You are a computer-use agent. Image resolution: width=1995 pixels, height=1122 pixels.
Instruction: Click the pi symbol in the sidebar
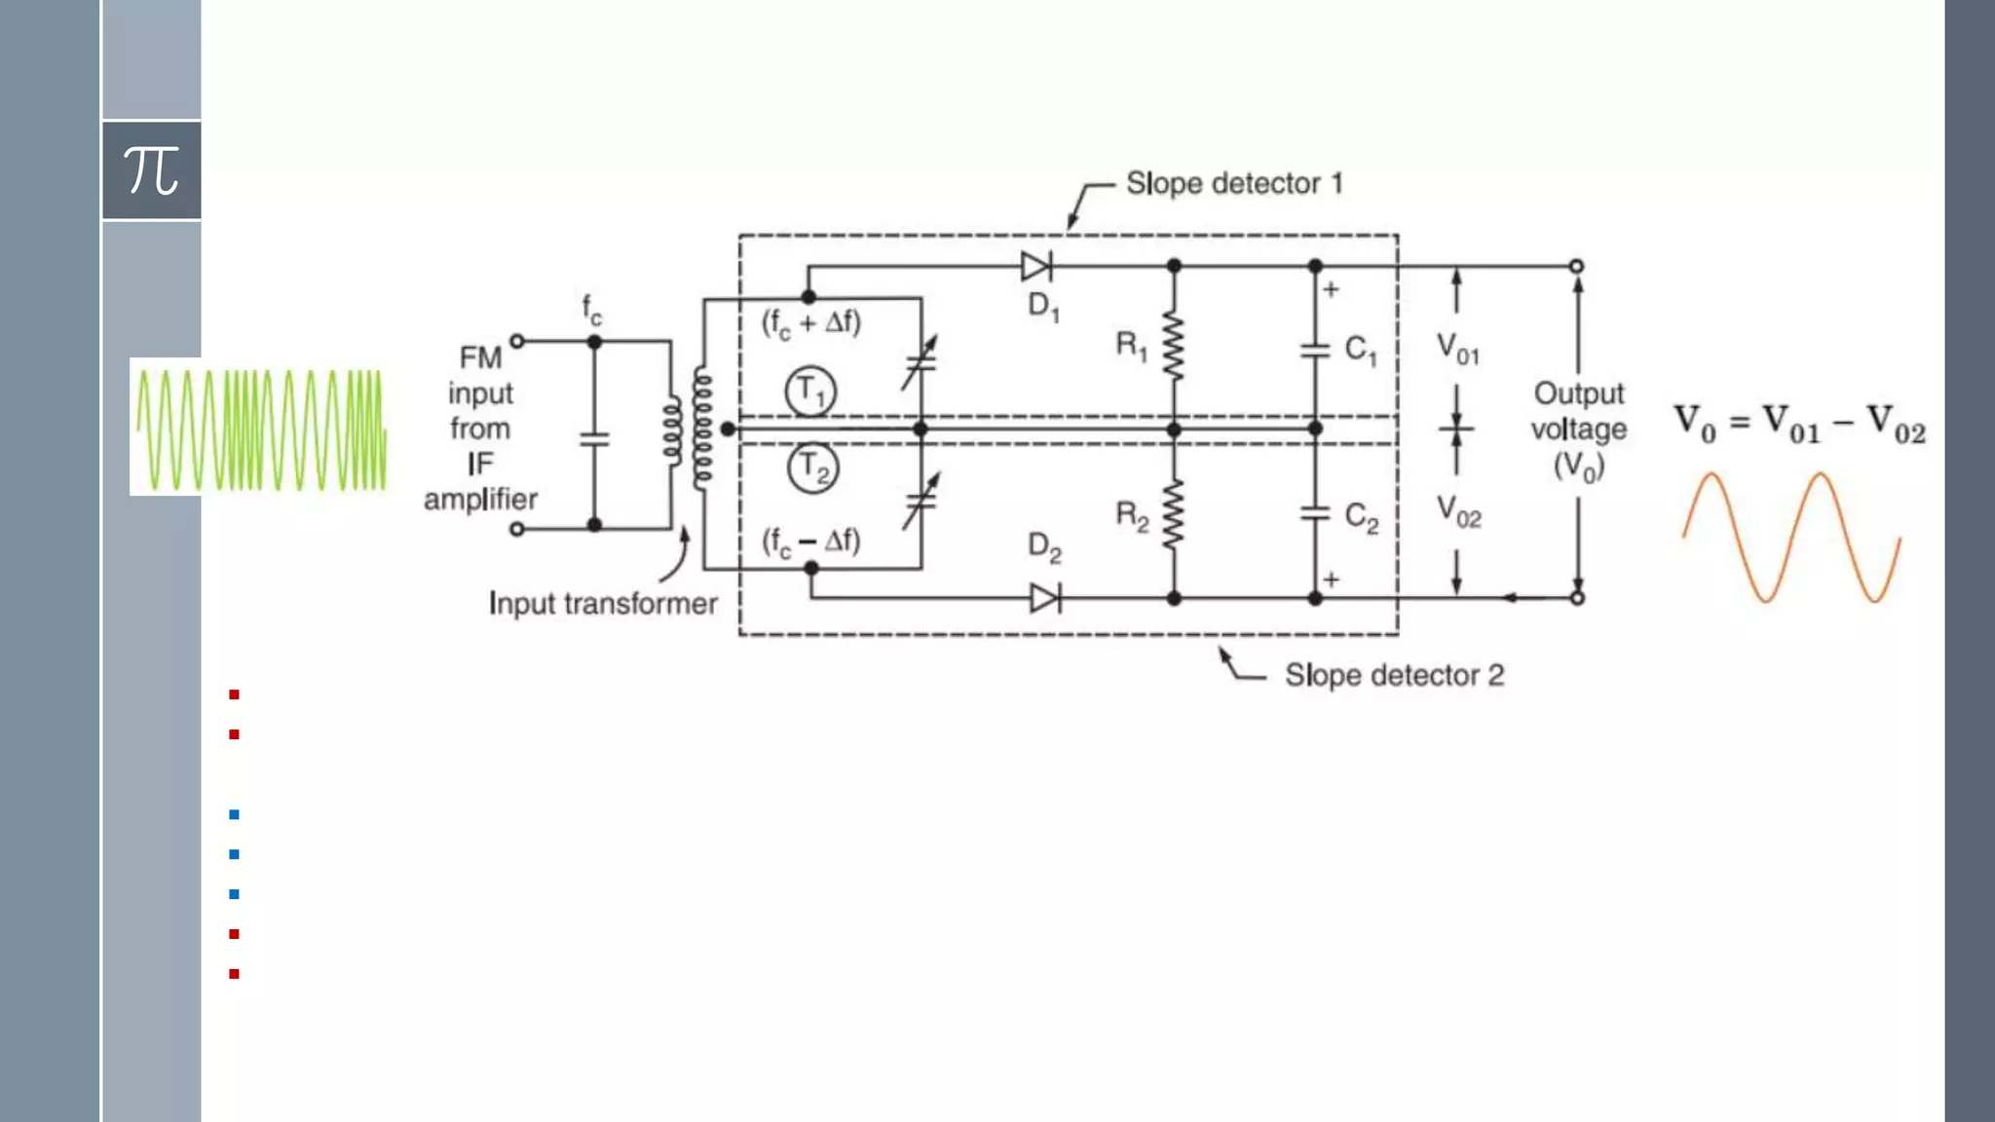[x=151, y=170]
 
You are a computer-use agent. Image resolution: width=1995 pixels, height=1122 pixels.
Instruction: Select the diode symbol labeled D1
[x=1035, y=266]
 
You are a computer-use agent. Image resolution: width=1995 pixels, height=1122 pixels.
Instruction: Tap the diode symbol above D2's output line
[x=1044, y=598]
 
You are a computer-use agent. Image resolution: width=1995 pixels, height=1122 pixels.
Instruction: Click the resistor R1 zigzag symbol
[x=1174, y=346]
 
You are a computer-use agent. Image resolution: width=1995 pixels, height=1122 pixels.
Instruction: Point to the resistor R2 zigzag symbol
[x=1174, y=513]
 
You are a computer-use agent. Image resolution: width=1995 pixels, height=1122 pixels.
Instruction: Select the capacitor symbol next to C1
[x=1315, y=350]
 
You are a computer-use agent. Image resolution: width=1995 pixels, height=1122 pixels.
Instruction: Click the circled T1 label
[x=810, y=392]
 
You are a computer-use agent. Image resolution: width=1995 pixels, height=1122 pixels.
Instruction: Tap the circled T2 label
[x=812, y=468]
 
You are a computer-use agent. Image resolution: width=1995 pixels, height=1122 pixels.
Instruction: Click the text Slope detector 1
[x=1234, y=183]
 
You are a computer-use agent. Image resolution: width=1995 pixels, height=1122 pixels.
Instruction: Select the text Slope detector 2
[x=1394, y=675]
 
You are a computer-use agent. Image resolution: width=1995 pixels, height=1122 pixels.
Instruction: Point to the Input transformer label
[x=603, y=604]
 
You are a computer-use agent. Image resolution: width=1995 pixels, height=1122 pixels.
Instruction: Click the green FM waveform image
[x=261, y=429]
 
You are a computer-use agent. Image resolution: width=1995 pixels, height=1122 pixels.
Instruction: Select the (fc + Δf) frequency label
[x=810, y=322]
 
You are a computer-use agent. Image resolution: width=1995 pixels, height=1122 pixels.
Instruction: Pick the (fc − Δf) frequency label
[x=810, y=541]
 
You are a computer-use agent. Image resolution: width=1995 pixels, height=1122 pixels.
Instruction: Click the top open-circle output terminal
[x=1576, y=266]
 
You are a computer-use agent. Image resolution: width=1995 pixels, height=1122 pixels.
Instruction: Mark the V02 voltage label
[x=1458, y=511]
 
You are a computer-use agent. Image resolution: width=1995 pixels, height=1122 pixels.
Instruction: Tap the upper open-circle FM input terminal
[x=517, y=341]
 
